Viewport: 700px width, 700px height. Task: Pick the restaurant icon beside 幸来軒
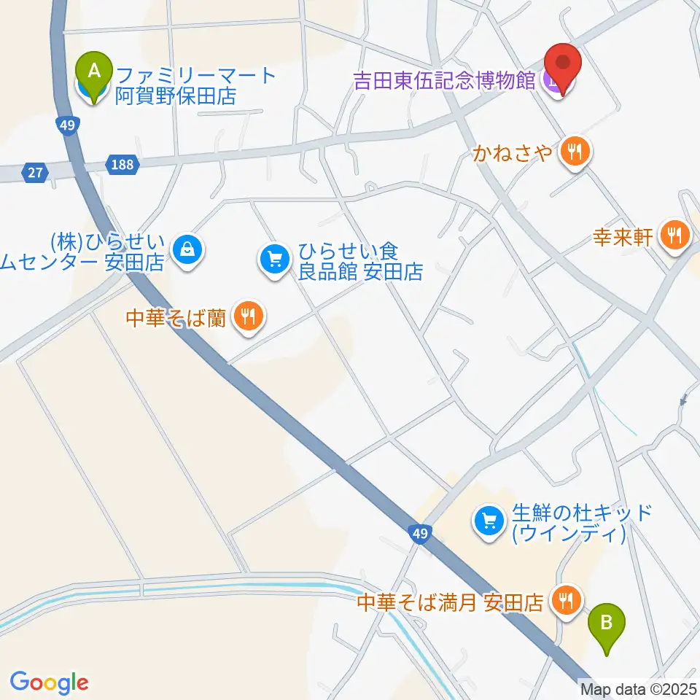tap(675, 235)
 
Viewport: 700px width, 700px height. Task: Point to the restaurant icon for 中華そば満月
tap(565, 601)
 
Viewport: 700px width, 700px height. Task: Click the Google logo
tap(49, 682)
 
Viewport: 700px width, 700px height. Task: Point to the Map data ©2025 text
tap(639, 688)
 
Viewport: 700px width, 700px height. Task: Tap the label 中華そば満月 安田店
tap(450, 603)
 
